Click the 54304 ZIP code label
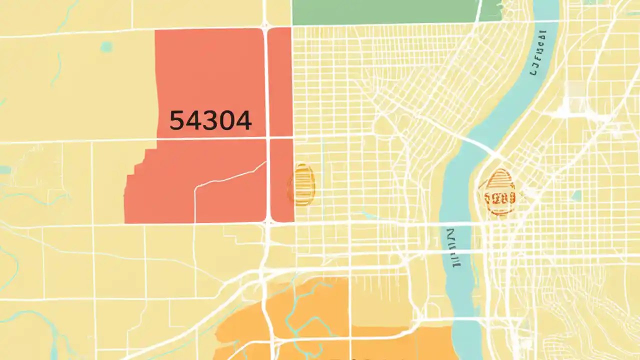pyautogui.click(x=210, y=121)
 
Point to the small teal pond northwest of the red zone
pyautogui.click(x=106, y=47)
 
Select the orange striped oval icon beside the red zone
pyautogui.click(x=301, y=185)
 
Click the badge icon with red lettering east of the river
pyautogui.click(x=500, y=192)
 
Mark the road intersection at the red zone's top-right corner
pyautogui.click(x=266, y=26)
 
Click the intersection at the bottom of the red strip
pyautogui.click(x=268, y=222)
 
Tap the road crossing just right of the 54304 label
pyautogui.click(x=268, y=137)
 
